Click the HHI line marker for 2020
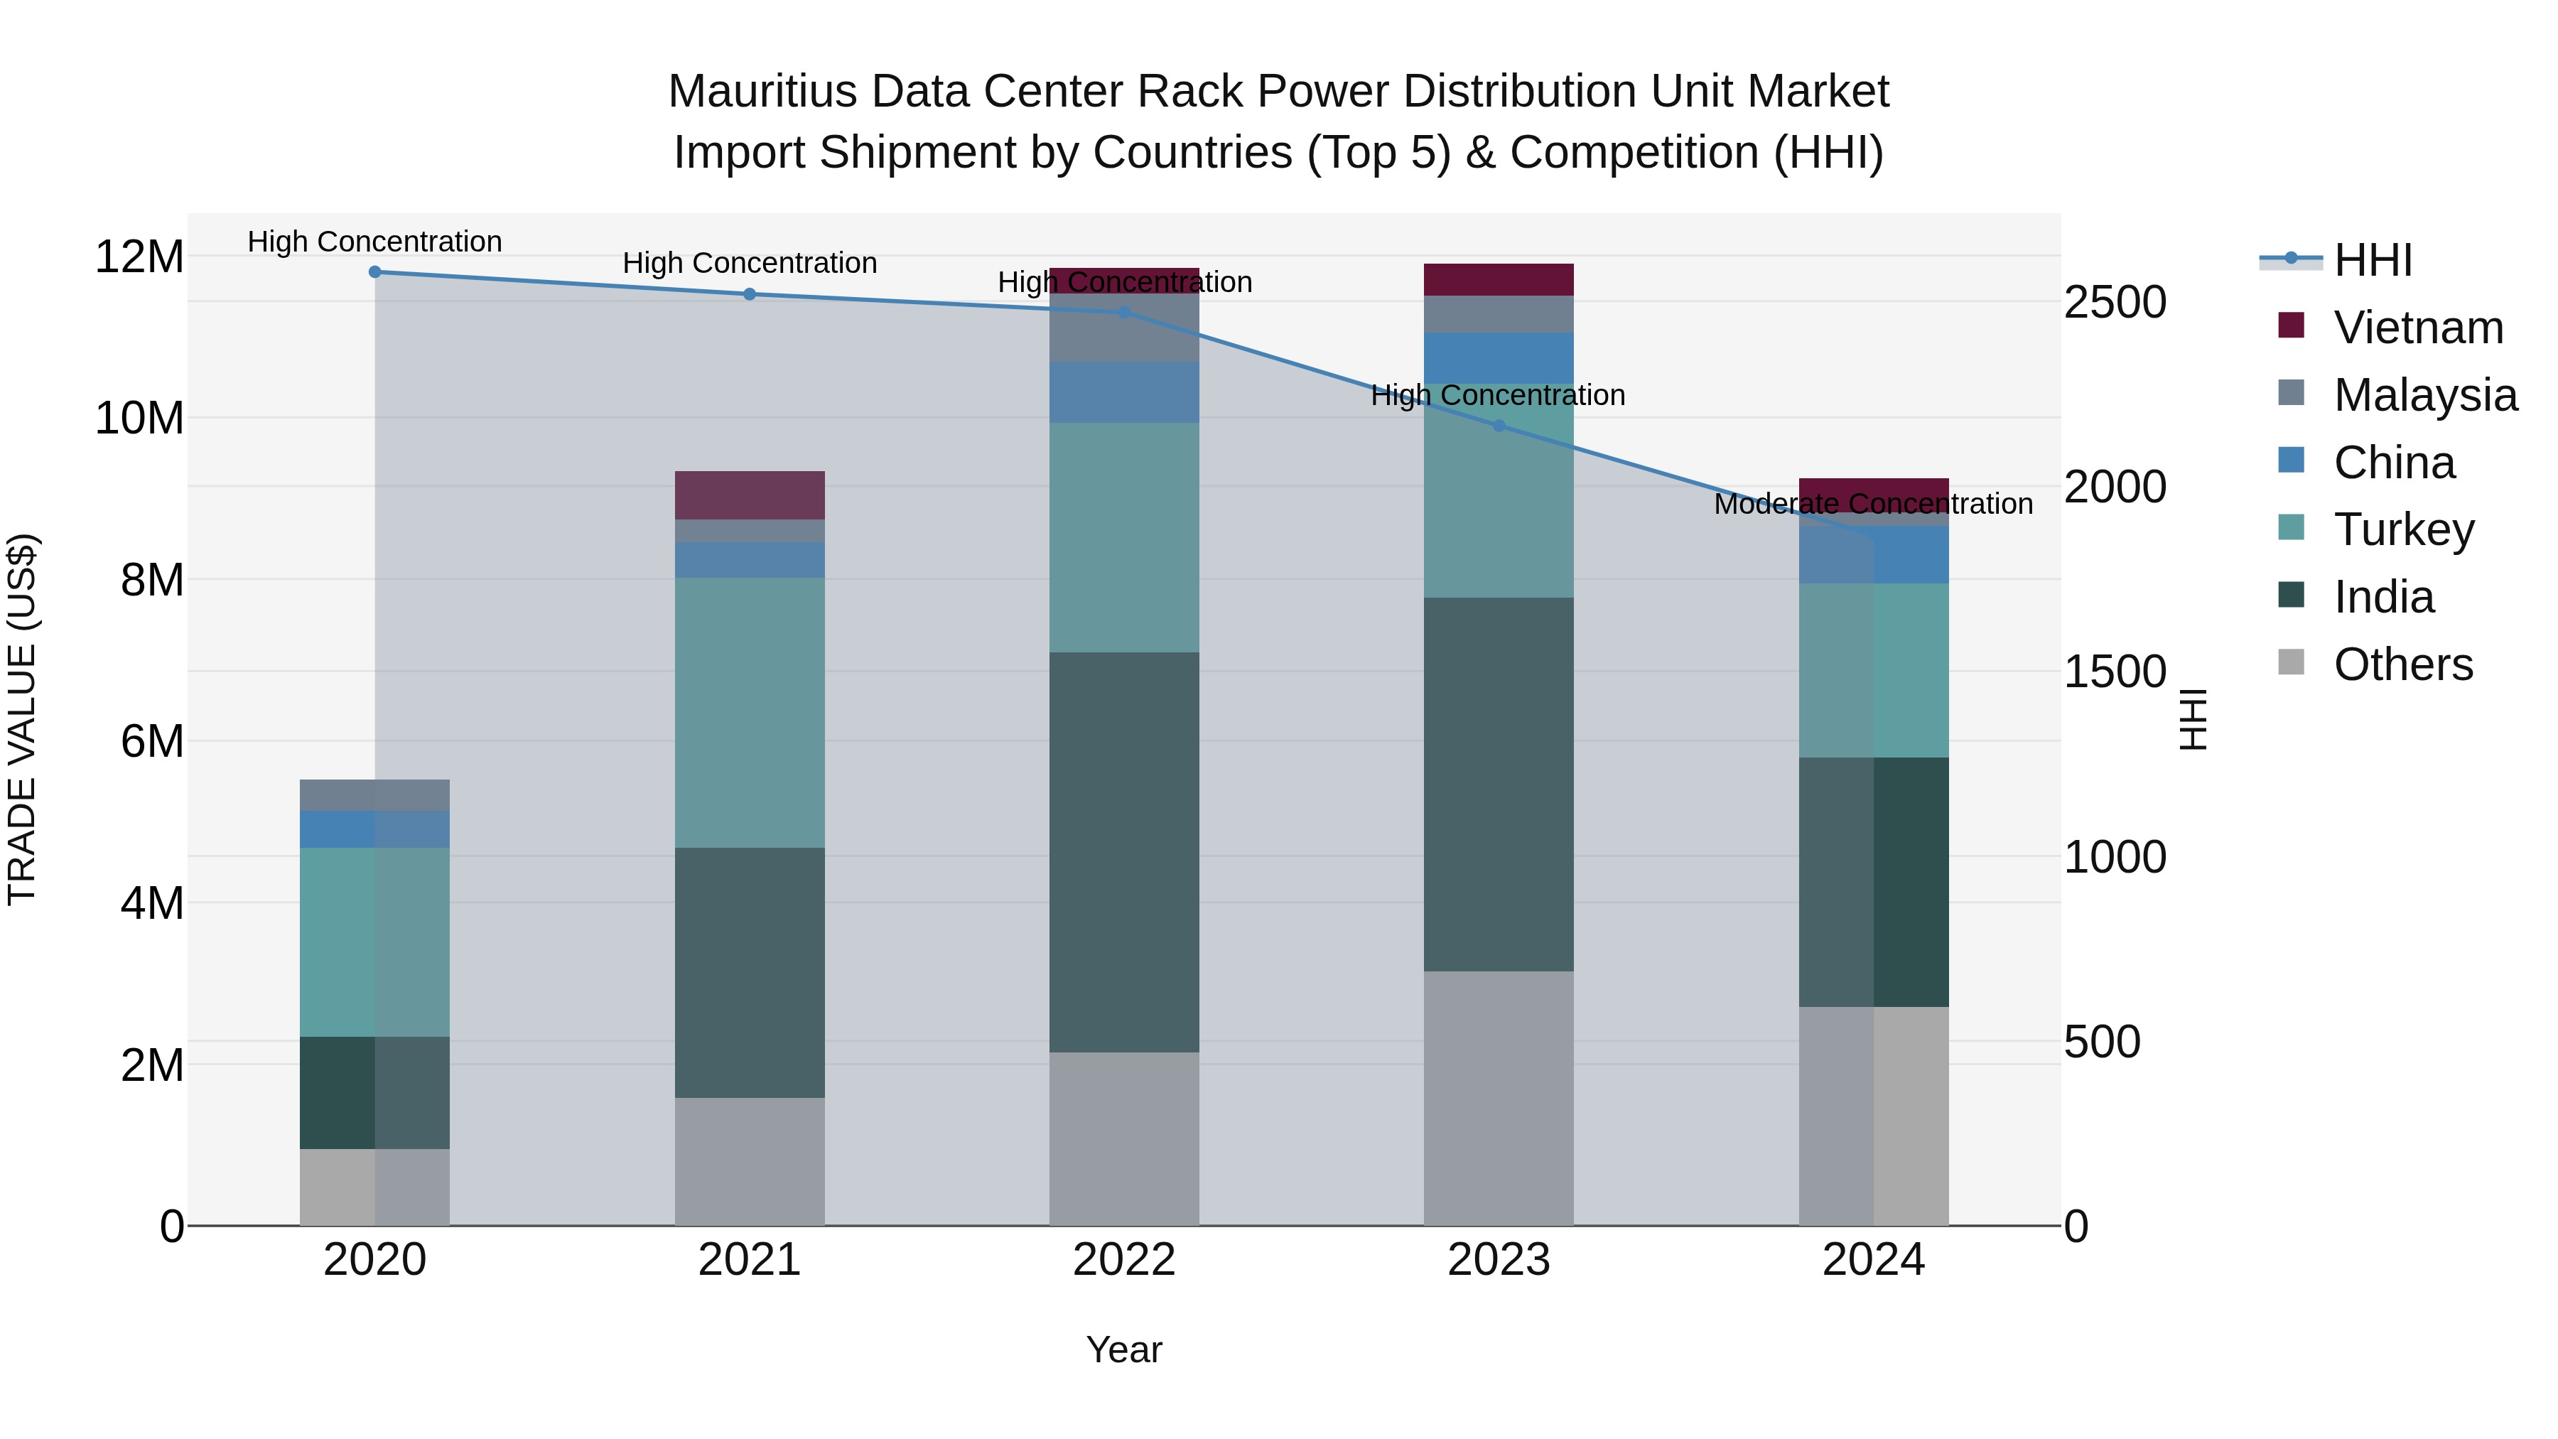[374, 272]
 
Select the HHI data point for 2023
[1499, 426]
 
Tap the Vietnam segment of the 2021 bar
[750, 495]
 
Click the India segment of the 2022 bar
[1124, 852]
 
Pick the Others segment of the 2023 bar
[1499, 1097]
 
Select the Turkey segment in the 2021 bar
[750, 712]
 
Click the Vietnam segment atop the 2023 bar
[1499, 279]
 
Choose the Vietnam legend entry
[2417, 328]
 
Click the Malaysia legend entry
[2424, 395]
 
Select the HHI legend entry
[2371, 260]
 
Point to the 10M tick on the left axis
[139, 418]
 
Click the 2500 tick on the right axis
[2114, 302]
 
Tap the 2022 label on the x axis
[1124, 1260]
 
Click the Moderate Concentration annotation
[1873, 505]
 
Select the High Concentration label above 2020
[374, 242]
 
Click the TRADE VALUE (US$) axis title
[22, 719]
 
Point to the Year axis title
[1124, 1349]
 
